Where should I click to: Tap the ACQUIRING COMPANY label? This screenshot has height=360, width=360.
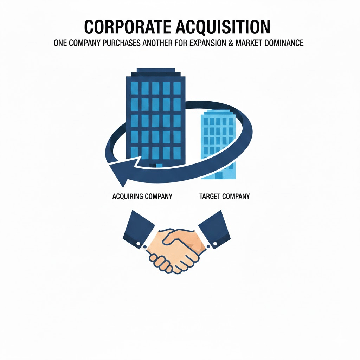point(142,196)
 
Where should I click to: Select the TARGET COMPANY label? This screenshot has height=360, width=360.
point(224,196)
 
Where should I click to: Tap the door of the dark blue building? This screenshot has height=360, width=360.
point(156,165)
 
